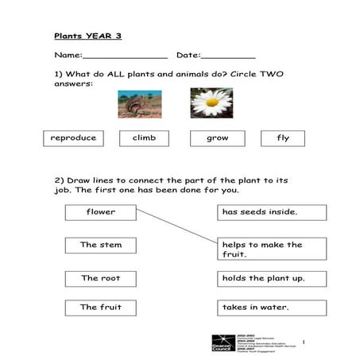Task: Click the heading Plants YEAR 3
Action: point(87,36)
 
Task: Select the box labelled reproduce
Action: point(73,138)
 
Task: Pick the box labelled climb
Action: point(144,138)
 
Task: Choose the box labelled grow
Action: point(217,138)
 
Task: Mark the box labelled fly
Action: point(283,138)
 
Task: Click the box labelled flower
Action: point(101,212)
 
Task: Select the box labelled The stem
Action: point(101,245)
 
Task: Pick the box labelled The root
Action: point(101,278)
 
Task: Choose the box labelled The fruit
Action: point(101,307)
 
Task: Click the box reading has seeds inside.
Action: point(271,212)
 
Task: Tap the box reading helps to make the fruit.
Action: point(271,250)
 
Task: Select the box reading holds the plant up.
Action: point(271,278)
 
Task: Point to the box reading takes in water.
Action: point(271,307)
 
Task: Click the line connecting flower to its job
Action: point(176,226)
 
